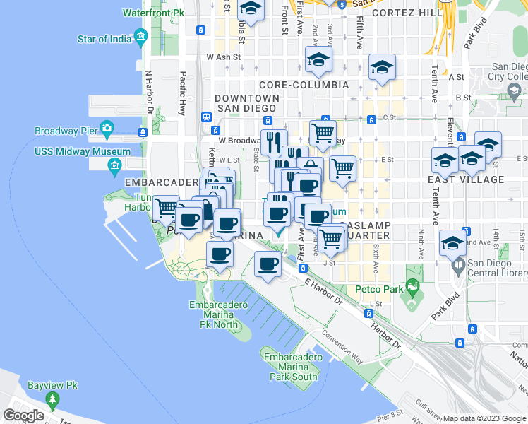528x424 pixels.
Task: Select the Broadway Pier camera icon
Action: pos(107,128)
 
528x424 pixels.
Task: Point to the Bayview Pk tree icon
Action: pos(52,400)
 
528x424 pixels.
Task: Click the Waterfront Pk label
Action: pos(153,13)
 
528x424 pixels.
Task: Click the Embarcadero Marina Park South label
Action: pos(291,367)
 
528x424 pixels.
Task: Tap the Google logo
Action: pos(23,416)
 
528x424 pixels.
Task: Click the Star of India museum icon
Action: pos(141,36)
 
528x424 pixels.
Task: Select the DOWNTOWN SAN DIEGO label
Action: pos(246,102)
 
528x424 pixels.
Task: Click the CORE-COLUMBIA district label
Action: pos(304,85)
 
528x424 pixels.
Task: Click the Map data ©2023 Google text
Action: pos(484,418)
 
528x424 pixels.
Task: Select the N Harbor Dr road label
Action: pos(149,92)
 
